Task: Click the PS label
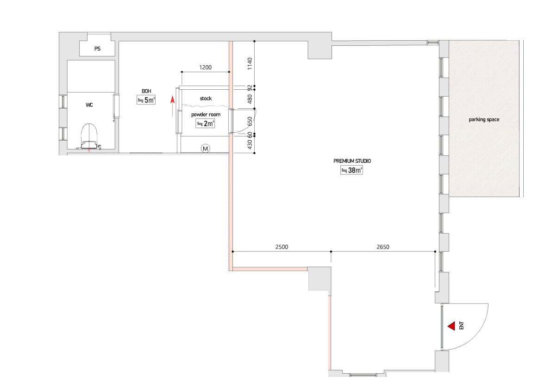pos(97,49)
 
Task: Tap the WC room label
pos(89,105)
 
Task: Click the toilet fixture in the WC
pos(89,136)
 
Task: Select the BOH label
pos(146,91)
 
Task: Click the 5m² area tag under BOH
pos(146,100)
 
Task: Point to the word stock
pos(206,99)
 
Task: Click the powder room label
pos(206,114)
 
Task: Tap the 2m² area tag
pos(205,123)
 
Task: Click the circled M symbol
pos(205,148)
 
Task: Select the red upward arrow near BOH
pos(173,106)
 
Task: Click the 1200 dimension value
pos(205,68)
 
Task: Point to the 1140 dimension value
pos(250,63)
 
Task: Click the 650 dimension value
pos(250,122)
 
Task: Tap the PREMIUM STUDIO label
pos(352,161)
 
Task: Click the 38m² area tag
pos(351,170)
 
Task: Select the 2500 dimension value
pos(282,247)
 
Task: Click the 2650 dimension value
pos(382,247)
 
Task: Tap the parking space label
pos(484,119)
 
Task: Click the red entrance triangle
pos(451,326)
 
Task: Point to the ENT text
pos(461,326)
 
